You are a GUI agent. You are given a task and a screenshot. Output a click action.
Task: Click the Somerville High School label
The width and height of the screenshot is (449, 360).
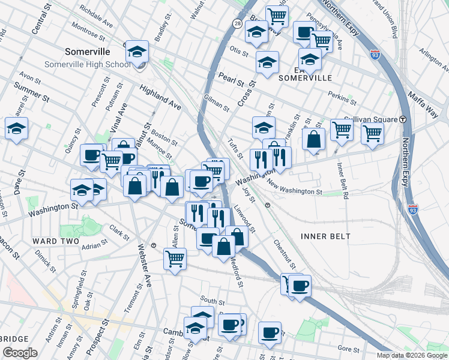point(86,65)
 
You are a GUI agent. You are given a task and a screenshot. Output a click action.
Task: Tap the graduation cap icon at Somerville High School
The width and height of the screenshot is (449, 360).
point(137,52)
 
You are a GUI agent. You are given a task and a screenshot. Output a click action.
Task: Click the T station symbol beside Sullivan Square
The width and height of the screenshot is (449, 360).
point(403,119)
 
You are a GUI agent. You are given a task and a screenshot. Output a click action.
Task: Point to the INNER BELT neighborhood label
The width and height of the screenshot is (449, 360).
point(328,236)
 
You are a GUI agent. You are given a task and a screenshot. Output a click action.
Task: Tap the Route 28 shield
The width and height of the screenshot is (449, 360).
point(238,23)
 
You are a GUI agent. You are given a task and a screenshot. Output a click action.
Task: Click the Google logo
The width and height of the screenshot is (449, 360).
point(20,353)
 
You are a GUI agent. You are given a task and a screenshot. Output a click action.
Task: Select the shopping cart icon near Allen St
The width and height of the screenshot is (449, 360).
point(175,259)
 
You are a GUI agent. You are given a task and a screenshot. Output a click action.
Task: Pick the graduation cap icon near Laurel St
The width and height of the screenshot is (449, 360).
point(16,128)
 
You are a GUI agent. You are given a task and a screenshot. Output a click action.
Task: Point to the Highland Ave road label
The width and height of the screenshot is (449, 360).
point(160,97)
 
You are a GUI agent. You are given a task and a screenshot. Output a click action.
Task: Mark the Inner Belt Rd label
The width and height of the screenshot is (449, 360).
point(343,179)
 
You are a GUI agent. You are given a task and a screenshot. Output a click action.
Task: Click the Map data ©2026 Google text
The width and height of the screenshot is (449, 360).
point(411,355)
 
